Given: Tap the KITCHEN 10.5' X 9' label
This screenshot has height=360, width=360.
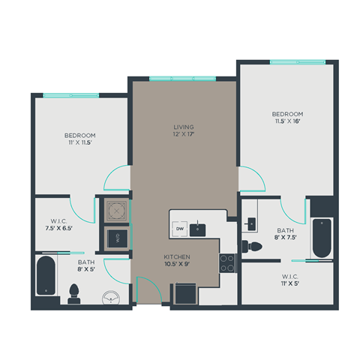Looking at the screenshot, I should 177,260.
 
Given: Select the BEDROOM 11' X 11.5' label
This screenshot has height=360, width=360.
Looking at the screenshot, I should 79,139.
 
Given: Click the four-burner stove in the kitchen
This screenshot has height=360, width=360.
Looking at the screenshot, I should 227,262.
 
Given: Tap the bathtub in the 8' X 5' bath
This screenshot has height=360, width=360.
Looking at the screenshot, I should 46,276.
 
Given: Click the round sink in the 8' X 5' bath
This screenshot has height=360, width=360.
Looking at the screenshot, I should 112,295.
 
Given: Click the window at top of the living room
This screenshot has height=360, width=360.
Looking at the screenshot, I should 181,79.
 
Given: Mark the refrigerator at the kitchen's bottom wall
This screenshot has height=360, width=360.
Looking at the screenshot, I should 186,293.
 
